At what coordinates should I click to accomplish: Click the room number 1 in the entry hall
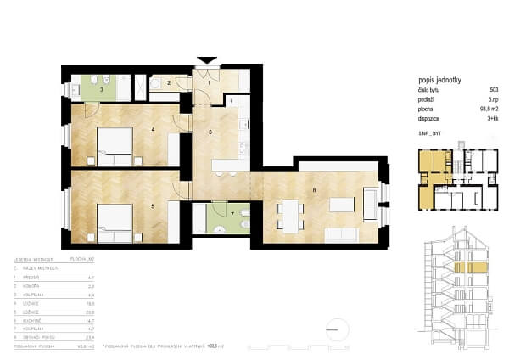209,83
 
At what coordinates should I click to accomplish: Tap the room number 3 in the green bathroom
103,88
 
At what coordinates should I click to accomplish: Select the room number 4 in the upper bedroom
152,130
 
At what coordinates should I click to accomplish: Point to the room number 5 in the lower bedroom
152,205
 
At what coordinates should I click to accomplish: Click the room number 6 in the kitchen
210,133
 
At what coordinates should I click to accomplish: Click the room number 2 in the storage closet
168,83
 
